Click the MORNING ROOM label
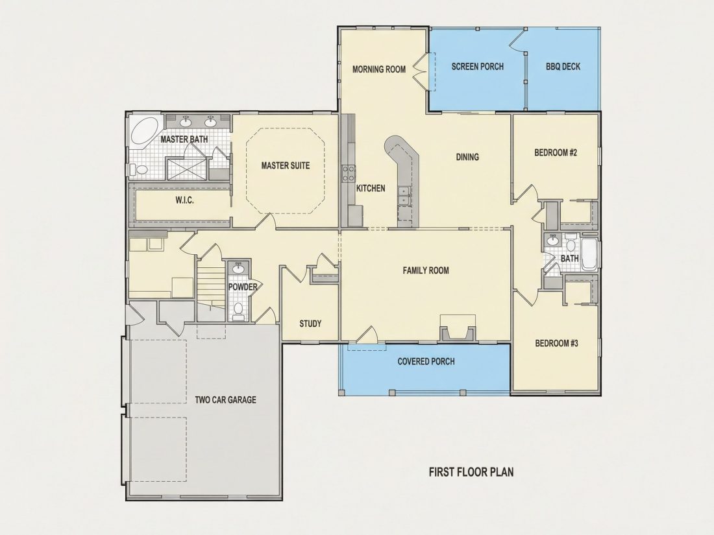click(x=379, y=69)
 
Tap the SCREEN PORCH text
click(x=478, y=66)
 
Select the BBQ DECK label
click(x=563, y=66)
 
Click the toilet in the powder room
click(x=238, y=309)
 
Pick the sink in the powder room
click(x=238, y=268)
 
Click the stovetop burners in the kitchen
click(x=349, y=173)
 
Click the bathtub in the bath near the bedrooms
click(x=589, y=255)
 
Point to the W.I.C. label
click(x=184, y=200)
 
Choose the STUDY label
click(x=310, y=324)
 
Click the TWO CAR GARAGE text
click(x=225, y=400)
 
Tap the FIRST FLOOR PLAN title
click(x=471, y=471)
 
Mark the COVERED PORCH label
click(x=426, y=362)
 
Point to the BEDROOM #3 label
click(x=556, y=344)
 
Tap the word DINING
click(x=467, y=157)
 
